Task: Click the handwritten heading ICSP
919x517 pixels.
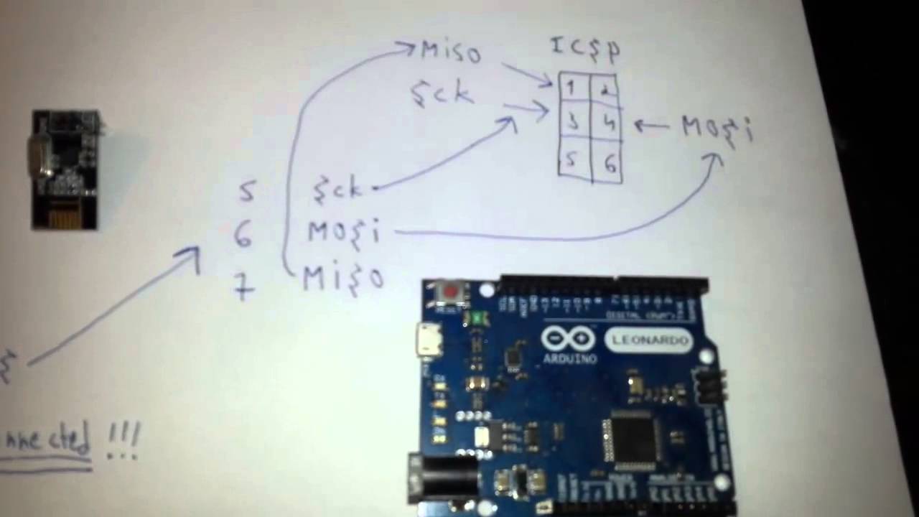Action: click(585, 48)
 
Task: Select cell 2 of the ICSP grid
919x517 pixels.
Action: click(605, 90)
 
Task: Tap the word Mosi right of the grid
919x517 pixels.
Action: click(717, 129)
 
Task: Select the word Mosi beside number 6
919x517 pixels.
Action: click(343, 232)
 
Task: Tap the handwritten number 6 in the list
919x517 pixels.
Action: click(243, 234)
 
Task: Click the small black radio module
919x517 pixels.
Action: click(65, 169)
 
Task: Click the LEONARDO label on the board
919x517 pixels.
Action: click(648, 340)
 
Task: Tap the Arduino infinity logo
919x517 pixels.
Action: click(567, 338)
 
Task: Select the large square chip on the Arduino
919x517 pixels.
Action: click(633, 438)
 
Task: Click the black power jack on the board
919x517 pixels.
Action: click(445, 478)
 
